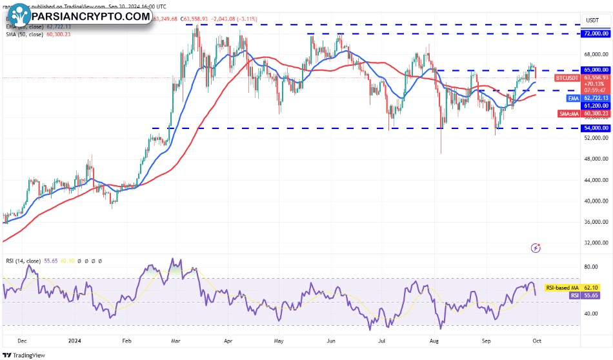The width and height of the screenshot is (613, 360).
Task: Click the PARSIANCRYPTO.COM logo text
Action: pyautogui.click(x=90, y=16)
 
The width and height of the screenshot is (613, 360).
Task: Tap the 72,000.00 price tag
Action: pyautogui.click(x=596, y=33)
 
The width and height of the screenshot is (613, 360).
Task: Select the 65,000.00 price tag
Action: pyautogui.click(x=596, y=69)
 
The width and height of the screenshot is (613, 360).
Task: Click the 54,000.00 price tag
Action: pyautogui.click(x=596, y=128)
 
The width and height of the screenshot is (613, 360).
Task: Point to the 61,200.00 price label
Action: pyautogui.click(x=596, y=105)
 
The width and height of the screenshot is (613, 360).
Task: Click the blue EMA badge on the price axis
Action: pyautogui.click(x=573, y=98)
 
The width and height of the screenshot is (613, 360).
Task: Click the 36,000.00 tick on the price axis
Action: pyautogui.click(x=596, y=222)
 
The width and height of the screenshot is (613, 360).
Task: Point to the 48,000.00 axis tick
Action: pyautogui.click(x=596, y=159)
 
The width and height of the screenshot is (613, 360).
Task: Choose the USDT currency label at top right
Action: pyautogui.click(x=592, y=19)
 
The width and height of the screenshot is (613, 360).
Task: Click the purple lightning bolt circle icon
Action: pyautogui.click(x=536, y=247)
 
